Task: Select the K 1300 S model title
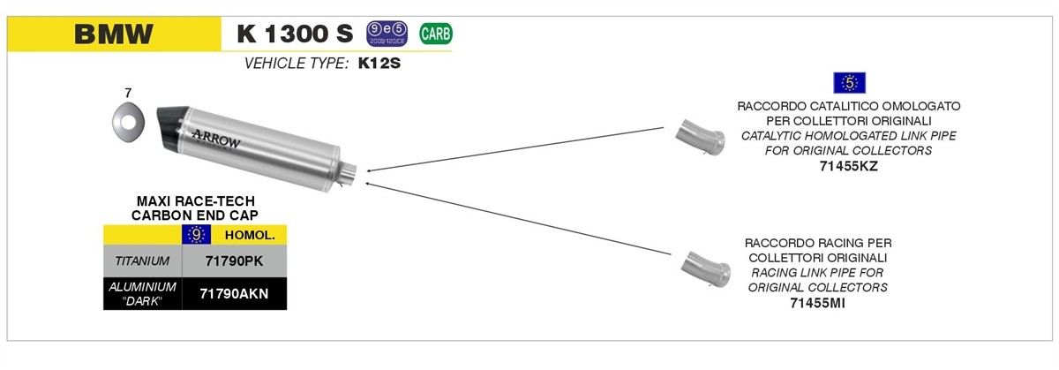[x=295, y=34]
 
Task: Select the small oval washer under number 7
[x=128, y=120]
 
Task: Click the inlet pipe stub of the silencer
[x=350, y=175]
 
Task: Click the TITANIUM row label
[x=142, y=261]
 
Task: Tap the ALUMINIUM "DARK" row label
[x=142, y=293]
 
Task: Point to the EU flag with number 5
[x=850, y=83]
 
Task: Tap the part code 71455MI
[x=816, y=302]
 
